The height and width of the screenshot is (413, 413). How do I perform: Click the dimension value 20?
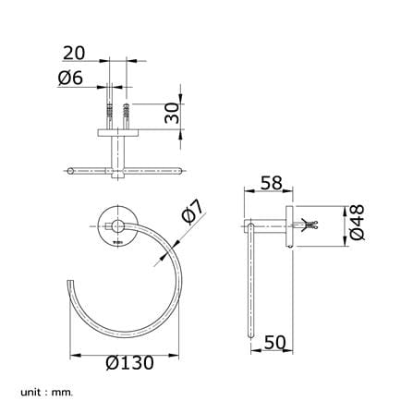(x=74, y=53)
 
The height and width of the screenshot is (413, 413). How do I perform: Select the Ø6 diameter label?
(x=70, y=78)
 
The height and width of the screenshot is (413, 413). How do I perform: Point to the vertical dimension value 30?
(x=172, y=113)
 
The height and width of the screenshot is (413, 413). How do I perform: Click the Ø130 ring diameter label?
(x=129, y=363)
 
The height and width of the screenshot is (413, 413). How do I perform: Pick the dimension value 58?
(x=272, y=183)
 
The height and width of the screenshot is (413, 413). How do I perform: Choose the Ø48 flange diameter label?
(x=358, y=223)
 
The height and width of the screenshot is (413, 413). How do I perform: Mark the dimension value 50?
(x=275, y=342)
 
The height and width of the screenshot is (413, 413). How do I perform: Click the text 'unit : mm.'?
(x=47, y=393)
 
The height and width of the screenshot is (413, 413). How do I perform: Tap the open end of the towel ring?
(x=70, y=281)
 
